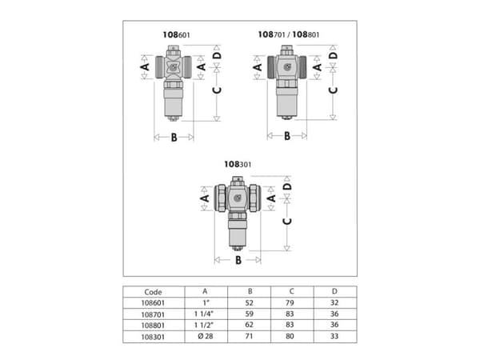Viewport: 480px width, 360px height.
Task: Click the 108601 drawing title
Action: [176, 34]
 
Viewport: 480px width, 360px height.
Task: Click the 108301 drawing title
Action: [238, 164]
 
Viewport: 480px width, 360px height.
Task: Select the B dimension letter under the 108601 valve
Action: [174, 138]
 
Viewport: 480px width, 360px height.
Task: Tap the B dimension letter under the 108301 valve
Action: [238, 260]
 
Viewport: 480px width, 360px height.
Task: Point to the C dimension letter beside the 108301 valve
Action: [287, 221]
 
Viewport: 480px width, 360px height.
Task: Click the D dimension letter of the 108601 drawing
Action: [217, 56]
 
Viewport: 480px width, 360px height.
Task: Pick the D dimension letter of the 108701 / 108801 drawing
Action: [333, 55]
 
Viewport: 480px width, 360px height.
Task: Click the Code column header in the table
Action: [153, 292]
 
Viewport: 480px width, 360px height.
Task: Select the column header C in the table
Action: [291, 291]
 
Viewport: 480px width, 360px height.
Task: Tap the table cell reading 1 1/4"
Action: [204, 314]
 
